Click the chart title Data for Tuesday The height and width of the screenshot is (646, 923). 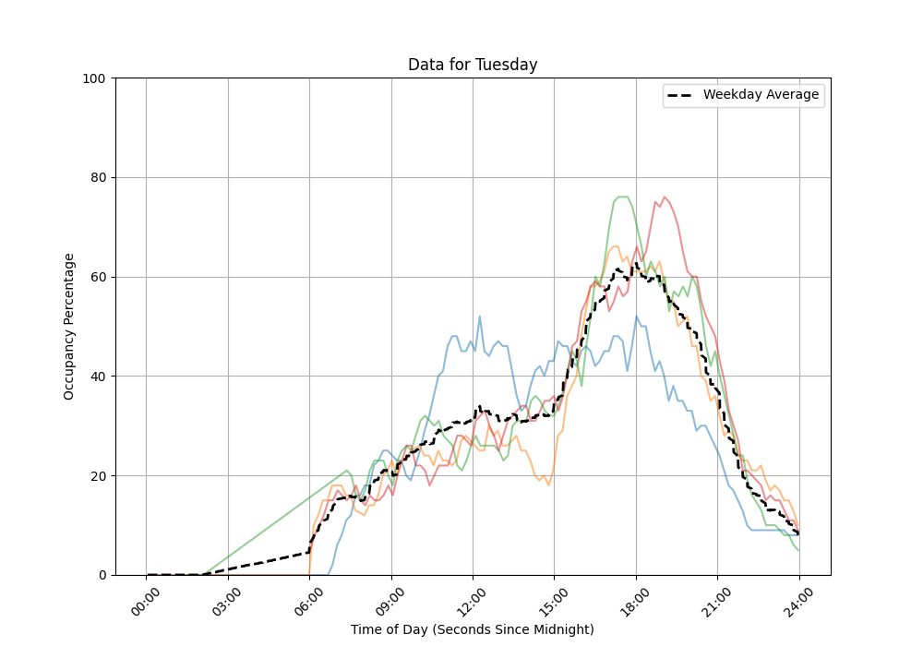[473, 65]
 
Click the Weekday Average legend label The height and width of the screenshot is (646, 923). [761, 95]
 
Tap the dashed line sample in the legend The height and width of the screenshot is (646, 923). [681, 95]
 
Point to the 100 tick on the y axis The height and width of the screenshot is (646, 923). [92, 78]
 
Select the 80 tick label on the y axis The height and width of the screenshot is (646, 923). [96, 177]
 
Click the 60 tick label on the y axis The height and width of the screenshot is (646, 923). [96, 277]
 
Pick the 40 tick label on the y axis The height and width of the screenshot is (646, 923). [96, 377]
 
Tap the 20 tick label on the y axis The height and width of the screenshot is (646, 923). [96, 476]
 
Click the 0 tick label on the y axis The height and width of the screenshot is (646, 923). [100, 575]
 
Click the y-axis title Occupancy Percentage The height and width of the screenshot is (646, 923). [69, 327]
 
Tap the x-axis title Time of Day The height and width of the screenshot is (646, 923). [473, 629]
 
